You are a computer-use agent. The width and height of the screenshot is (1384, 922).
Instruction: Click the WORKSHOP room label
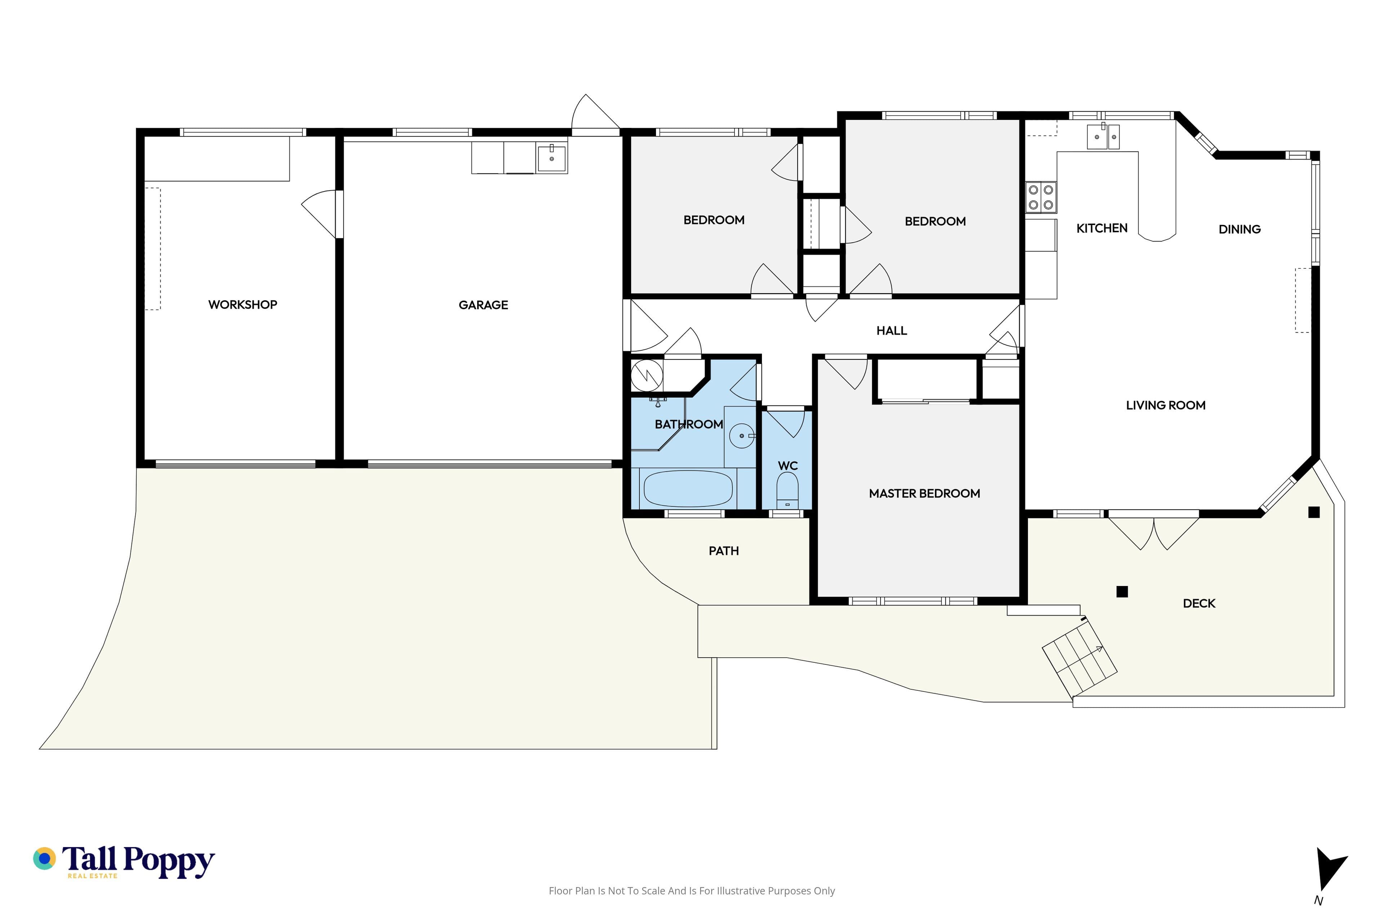243,305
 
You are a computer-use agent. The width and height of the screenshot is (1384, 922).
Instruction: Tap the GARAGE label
483,305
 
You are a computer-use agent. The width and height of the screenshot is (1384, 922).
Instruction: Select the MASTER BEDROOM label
924,494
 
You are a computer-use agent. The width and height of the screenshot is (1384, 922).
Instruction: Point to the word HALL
891,331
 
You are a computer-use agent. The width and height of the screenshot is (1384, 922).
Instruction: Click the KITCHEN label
1101,228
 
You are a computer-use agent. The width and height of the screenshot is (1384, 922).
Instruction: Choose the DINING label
1239,229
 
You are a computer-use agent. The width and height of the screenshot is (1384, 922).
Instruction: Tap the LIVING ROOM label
1166,405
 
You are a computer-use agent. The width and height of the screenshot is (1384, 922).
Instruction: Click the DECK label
1199,603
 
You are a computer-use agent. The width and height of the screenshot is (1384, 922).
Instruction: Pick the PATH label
724,551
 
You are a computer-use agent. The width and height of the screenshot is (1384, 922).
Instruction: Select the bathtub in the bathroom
688,488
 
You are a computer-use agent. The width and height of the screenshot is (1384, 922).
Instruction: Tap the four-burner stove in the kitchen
1041,197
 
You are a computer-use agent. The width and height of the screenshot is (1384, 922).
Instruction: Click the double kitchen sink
1103,137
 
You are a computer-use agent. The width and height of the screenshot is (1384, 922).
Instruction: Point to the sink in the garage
551,158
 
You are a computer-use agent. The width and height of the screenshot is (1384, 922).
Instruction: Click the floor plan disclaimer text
691,891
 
